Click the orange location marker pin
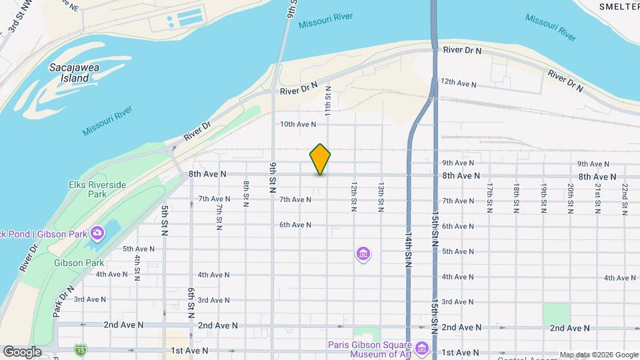coord(320,159)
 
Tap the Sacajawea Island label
coord(69,73)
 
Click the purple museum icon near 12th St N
coord(363,254)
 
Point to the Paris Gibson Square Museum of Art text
coord(370,349)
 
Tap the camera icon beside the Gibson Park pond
coord(97,233)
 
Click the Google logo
coord(22,352)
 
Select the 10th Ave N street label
coord(297,124)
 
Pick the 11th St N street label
coord(328,99)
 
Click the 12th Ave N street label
coord(458,83)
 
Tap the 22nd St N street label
coord(625,199)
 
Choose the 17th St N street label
coord(489,198)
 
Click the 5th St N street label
coord(164,221)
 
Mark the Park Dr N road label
coord(62,301)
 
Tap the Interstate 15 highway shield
coord(81,349)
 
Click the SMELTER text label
coord(619,6)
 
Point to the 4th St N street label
coord(137,267)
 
